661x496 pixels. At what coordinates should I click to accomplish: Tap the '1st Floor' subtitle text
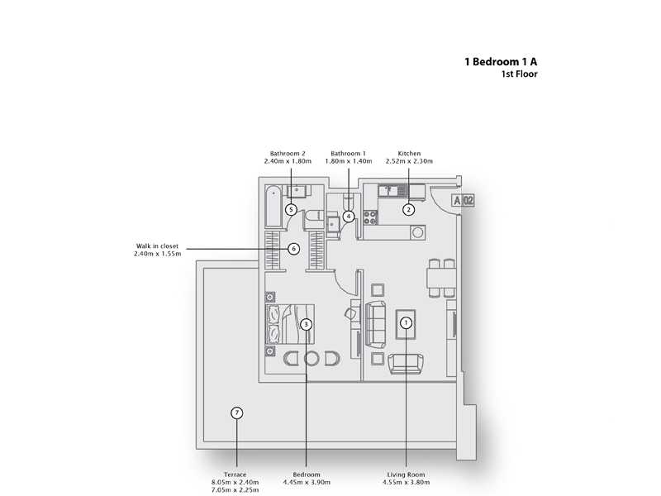pyautogui.click(x=520, y=74)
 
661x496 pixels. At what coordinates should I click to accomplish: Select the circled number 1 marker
pyautogui.click(x=406, y=323)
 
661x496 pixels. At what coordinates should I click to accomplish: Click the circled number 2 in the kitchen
pyautogui.click(x=408, y=210)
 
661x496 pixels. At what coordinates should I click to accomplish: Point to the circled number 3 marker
pyautogui.click(x=306, y=325)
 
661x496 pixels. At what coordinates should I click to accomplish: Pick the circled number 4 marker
pyautogui.click(x=349, y=217)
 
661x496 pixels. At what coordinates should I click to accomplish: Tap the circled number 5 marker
pyautogui.click(x=291, y=210)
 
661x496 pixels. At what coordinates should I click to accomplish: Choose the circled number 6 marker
pyautogui.click(x=293, y=248)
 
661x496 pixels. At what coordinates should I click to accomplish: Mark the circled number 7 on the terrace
pyautogui.click(x=236, y=413)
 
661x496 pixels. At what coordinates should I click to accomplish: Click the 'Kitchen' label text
pyautogui.click(x=409, y=154)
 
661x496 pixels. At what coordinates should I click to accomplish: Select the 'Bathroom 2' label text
pyautogui.click(x=288, y=154)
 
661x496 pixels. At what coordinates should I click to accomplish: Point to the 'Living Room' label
pyautogui.click(x=407, y=475)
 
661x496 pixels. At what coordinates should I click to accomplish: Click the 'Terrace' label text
pyautogui.click(x=236, y=475)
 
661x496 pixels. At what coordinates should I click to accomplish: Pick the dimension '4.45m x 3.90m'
pyautogui.click(x=307, y=482)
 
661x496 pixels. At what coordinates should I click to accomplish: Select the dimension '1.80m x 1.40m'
pyautogui.click(x=348, y=161)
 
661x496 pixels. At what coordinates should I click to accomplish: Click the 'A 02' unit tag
pyautogui.click(x=463, y=200)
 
